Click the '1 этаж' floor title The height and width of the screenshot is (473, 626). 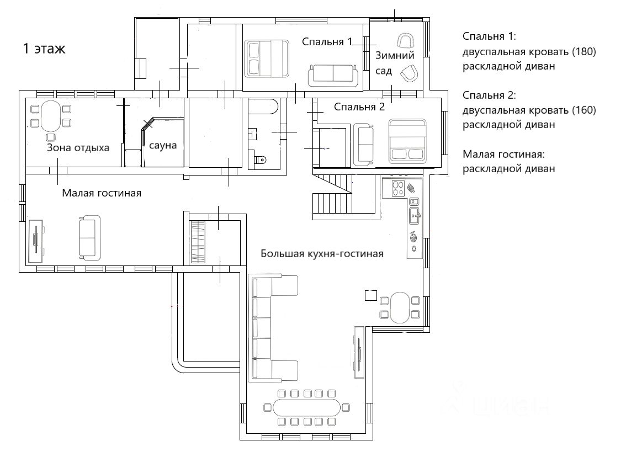click(44, 49)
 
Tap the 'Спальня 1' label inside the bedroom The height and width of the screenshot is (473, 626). click(327, 41)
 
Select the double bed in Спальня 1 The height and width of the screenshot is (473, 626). click(267, 58)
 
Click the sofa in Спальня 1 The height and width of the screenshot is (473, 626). click(333, 76)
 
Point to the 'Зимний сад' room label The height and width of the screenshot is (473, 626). click(395, 63)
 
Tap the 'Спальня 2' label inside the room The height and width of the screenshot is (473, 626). click(359, 107)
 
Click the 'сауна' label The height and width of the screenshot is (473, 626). click(163, 145)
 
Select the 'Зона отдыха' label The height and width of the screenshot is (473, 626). click(78, 148)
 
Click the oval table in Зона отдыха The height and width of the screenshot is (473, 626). click(51, 116)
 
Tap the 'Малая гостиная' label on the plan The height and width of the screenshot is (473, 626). click(102, 193)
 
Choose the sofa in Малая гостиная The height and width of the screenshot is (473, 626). click(89, 238)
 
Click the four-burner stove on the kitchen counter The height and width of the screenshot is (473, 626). click(399, 188)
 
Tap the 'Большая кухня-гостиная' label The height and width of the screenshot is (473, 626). click(322, 253)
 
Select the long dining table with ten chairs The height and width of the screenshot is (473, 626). click(306, 407)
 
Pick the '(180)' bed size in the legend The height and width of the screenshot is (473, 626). click(583, 51)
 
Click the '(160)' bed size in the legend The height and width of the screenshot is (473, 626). click(583, 110)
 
